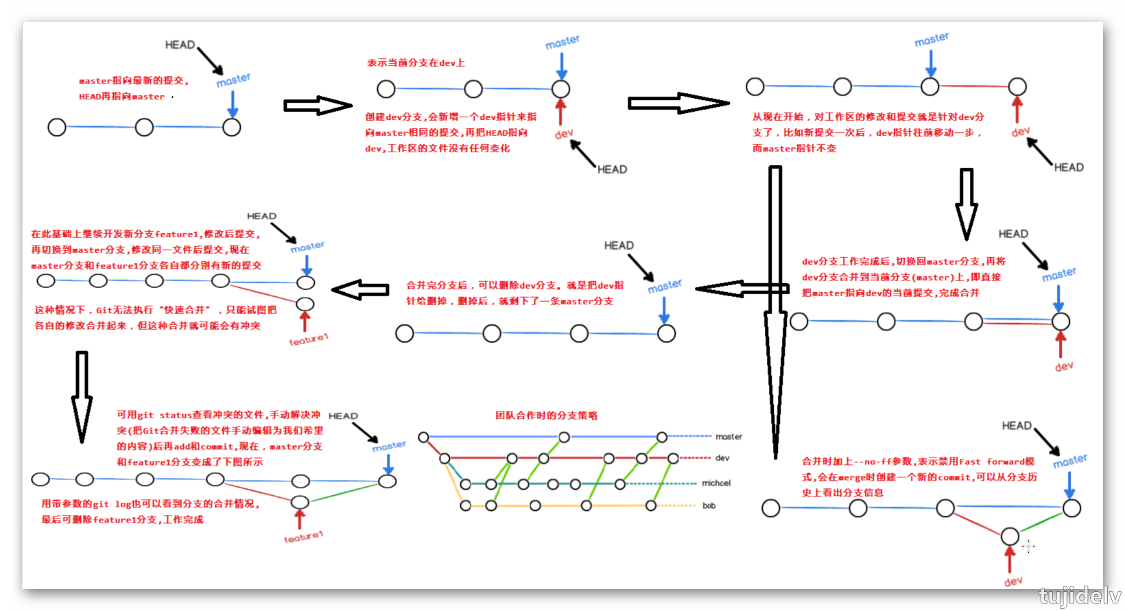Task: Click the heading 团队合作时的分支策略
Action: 546,416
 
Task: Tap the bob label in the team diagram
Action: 709,506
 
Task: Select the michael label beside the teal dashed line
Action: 715,483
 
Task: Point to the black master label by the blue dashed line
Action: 729,437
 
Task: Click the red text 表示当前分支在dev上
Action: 416,63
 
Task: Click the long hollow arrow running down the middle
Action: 775,309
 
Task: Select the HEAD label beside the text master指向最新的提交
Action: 180,45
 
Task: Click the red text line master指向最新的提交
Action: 134,81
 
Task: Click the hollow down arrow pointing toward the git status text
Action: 82,394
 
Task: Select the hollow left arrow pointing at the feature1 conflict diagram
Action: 360,290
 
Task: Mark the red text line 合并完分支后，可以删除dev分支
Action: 514,285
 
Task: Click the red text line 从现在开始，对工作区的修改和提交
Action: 868,117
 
